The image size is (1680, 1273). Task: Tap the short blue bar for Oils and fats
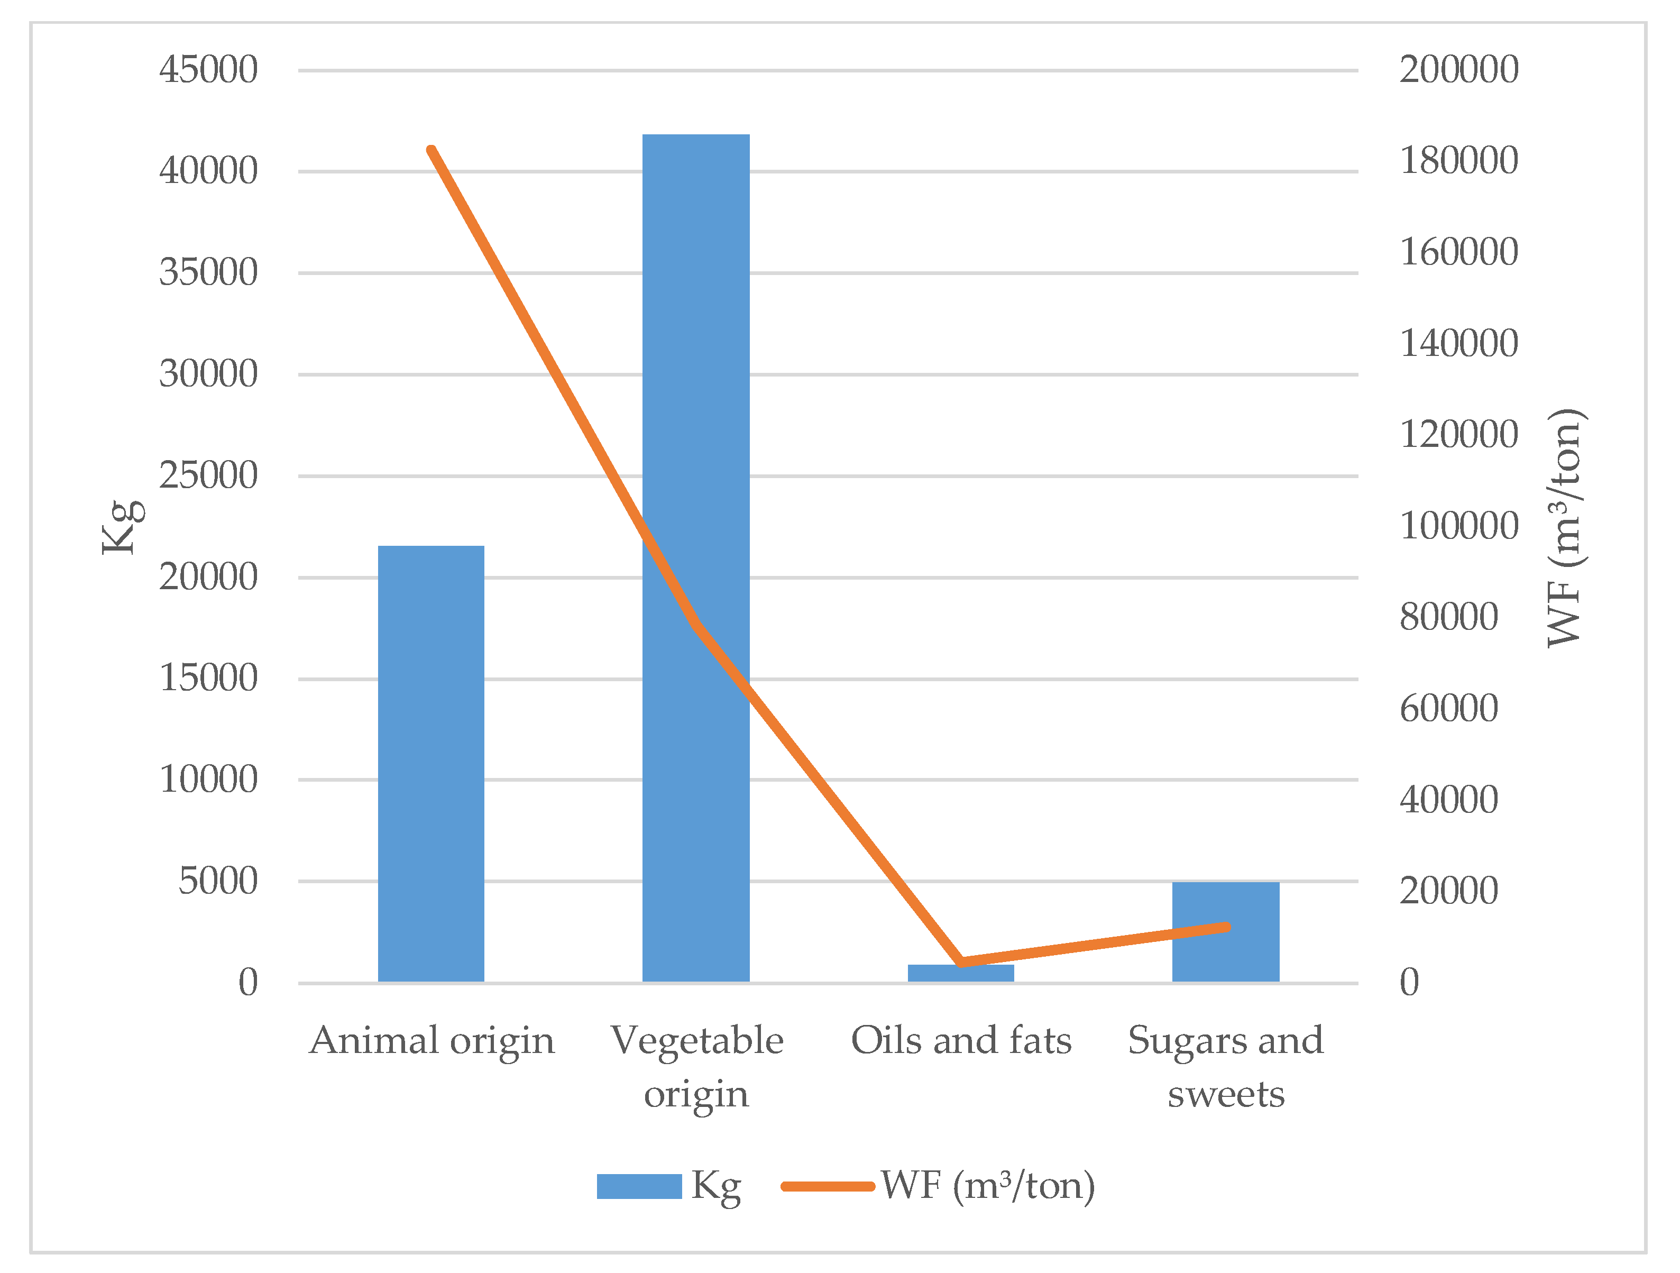(961, 974)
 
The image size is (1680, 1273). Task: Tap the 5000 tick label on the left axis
(218, 882)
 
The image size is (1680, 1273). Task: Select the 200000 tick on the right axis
(1458, 70)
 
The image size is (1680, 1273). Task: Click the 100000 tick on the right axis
(1458, 526)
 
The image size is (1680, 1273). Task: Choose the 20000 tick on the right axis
(1448, 891)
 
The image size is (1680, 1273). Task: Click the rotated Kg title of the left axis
(122, 527)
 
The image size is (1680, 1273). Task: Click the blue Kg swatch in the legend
(639, 1186)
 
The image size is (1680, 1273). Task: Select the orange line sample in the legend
(828, 1186)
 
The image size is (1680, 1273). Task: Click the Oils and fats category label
(961, 1041)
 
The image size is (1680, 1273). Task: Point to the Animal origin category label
(432, 1041)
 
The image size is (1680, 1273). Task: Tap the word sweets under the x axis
(1226, 1095)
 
